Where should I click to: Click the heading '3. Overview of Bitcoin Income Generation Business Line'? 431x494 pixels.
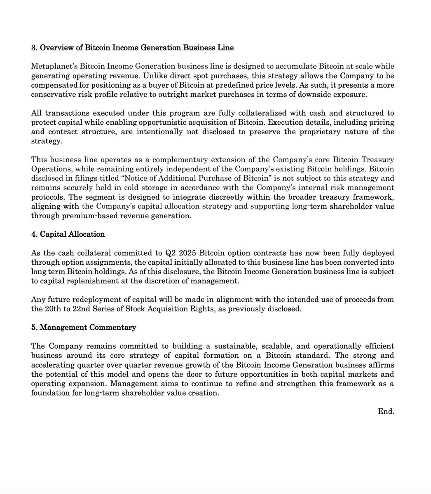pyautogui.click(x=133, y=48)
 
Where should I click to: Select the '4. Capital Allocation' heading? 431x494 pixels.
pyautogui.click(x=68, y=234)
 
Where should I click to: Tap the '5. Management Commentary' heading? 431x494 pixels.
pyautogui.click(x=84, y=328)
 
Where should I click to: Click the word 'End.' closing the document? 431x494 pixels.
pyautogui.click(x=386, y=411)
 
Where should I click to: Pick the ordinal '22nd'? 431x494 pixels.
pyautogui.click(x=78, y=309)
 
